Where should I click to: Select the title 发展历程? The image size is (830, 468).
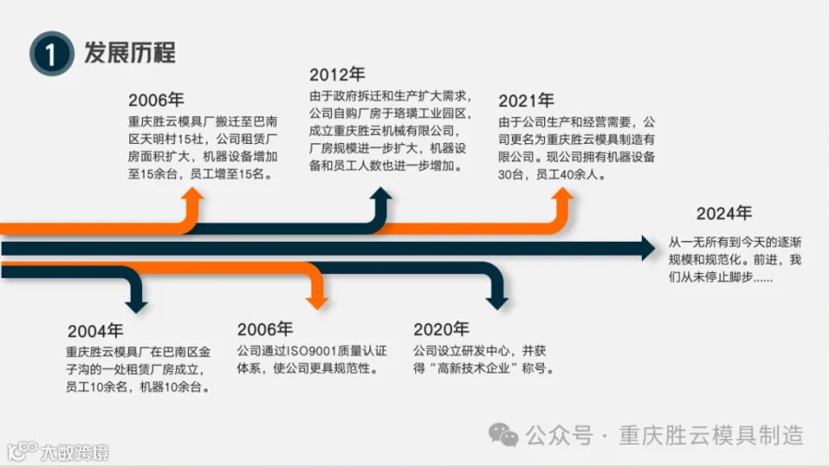point(130,52)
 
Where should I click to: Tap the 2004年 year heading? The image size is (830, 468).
point(95,330)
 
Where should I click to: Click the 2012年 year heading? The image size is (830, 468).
point(337,75)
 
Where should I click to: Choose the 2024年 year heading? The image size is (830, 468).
point(724,214)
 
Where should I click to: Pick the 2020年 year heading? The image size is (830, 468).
point(441,330)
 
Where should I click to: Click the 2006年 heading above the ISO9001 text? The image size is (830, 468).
point(265,330)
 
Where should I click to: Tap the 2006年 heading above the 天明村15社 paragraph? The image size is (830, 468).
point(156,101)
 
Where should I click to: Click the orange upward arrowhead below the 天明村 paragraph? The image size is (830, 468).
point(193,197)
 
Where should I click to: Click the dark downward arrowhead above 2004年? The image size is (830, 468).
point(136,300)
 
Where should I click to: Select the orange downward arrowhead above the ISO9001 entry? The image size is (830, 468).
point(317,300)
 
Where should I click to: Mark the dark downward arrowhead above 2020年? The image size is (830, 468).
point(497,300)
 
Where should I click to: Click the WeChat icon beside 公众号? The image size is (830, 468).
point(504,434)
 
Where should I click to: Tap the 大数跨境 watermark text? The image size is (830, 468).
point(74,452)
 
